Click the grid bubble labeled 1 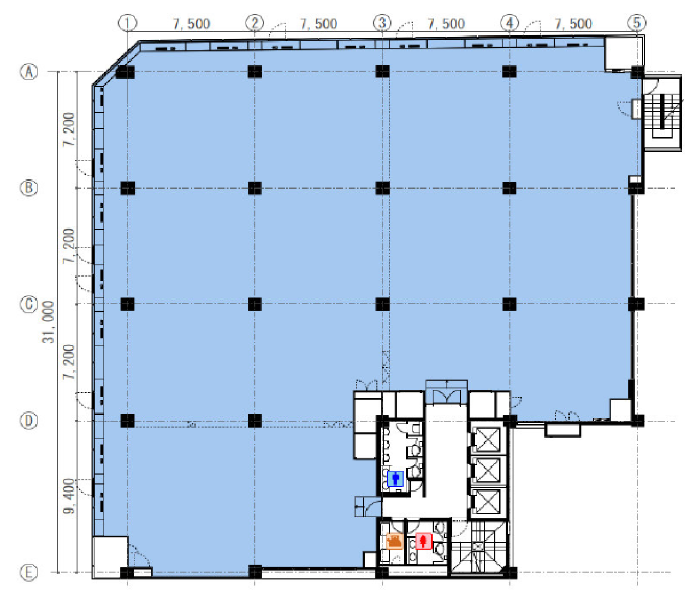pos(127,23)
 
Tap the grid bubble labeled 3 pos(382,23)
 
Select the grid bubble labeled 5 pos(637,23)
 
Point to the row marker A pos(29,72)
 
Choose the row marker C pos(29,304)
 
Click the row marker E pos(29,572)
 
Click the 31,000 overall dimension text pos(49,322)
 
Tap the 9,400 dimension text pos(69,496)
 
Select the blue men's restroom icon pos(395,479)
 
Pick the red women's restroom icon pos(423,541)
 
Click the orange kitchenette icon pos(394,541)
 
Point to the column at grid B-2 pos(254,188)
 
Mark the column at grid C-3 pos(382,304)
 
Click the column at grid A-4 pos(510,71)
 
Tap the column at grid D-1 pos(127,421)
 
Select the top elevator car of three pos(487,440)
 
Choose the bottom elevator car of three pos(487,502)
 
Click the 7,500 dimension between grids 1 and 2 pos(191,24)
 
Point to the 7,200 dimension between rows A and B pos(69,129)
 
